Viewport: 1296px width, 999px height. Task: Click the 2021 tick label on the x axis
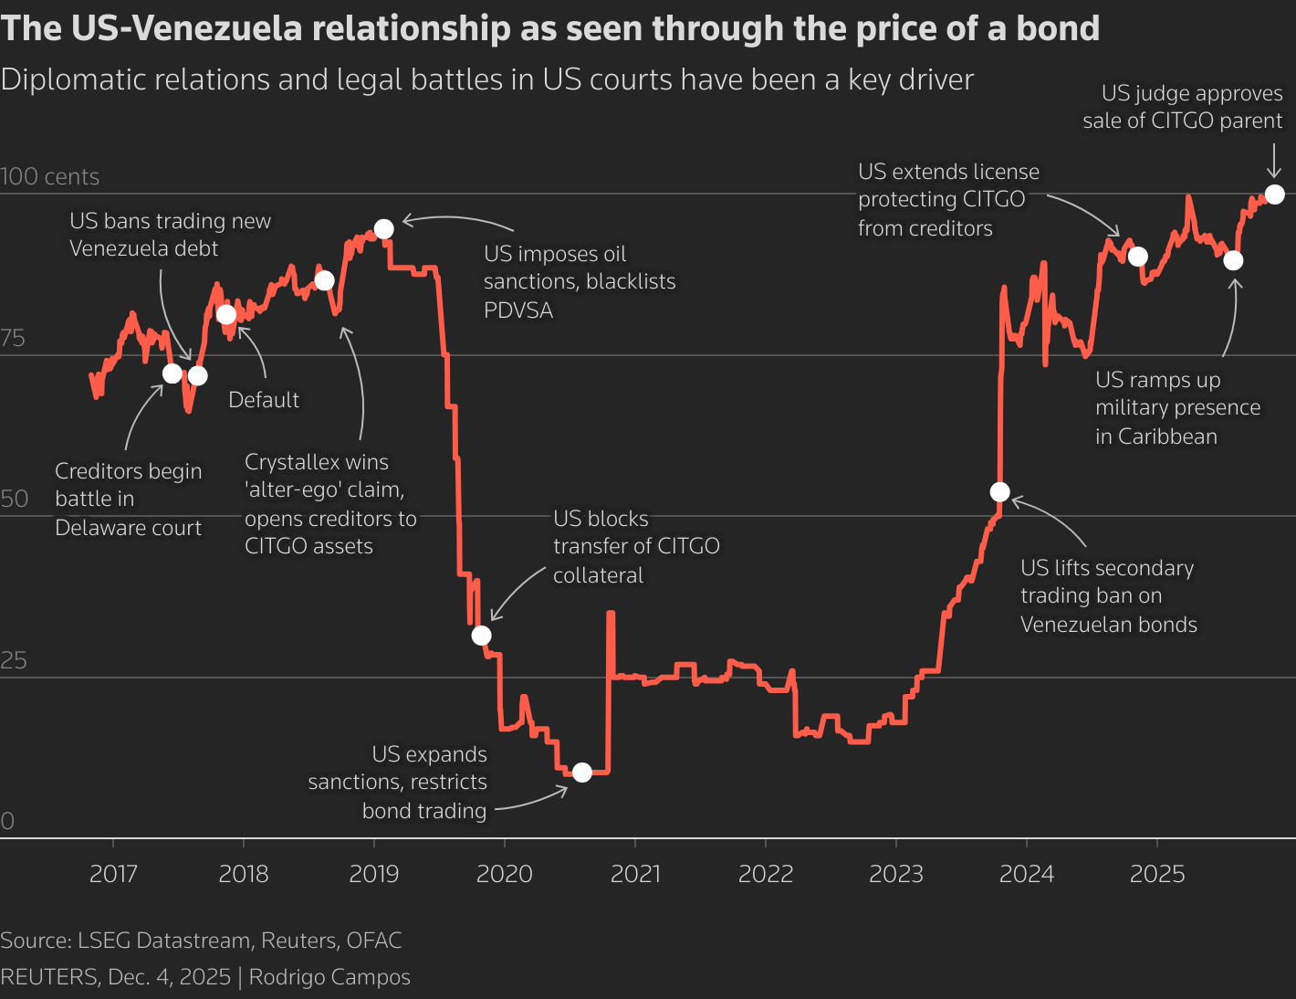click(635, 874)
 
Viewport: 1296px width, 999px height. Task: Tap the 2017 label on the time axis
click(113, 874)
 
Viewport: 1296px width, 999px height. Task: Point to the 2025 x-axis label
click(1157, 874)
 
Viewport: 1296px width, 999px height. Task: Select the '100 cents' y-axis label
click(50, 177)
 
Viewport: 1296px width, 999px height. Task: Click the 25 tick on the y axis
click(15, 660)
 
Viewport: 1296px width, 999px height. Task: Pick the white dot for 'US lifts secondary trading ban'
click(1000, 492)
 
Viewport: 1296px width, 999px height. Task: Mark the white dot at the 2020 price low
click(582, 773)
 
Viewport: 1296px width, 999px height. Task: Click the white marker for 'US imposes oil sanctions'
click(384, 228)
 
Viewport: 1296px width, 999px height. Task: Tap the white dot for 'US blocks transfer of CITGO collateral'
click(482, 636)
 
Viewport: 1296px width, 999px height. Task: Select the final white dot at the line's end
click(1275, 195)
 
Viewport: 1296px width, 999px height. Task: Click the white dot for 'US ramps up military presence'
click(1233, 260)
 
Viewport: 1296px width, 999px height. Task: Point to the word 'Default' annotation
click(264, 400)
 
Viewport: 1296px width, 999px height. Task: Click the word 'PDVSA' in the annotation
click(518, 310)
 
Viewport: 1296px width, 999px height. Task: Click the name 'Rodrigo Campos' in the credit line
click(329, 977)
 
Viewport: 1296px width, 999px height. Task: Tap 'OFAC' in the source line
click(372, 941)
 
